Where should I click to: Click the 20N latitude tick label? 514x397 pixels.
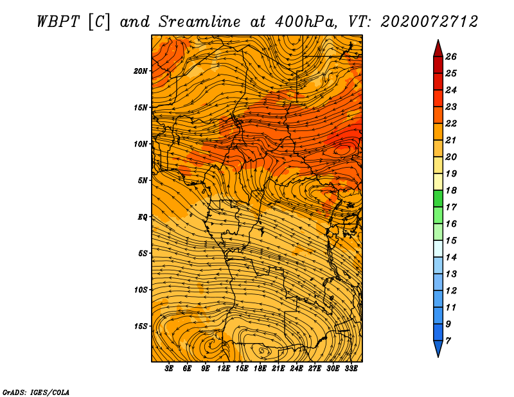pos(141,71)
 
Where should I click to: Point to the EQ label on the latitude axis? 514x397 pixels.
pos(142,217)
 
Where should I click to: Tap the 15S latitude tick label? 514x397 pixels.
pos(141,326)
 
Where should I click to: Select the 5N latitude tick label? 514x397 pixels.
pos(142,181)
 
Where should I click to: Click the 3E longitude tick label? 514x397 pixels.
pos(169,369)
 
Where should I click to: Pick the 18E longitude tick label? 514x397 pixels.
pos(260,369)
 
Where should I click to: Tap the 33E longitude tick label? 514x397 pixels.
pos(351,369)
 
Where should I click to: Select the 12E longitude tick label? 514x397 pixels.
pos(224,369)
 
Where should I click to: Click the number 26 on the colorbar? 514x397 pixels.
pos(451,57)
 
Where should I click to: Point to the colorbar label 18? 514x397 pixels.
pos(451,190)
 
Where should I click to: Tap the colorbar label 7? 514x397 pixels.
pos(448,341)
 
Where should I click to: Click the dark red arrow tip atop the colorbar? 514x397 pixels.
pos(438,48)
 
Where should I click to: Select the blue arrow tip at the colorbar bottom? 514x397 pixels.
pos(438,349)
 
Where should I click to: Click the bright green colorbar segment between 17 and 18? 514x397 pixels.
pos(438,198)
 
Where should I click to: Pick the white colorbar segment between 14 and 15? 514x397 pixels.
pos(438,249)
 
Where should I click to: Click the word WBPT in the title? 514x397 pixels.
pos(58,22)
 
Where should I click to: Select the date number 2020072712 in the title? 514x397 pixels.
pos(429,22)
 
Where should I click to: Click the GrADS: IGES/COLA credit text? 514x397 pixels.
pos(36,392)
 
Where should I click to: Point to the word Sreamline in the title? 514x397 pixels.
pos(200,22)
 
